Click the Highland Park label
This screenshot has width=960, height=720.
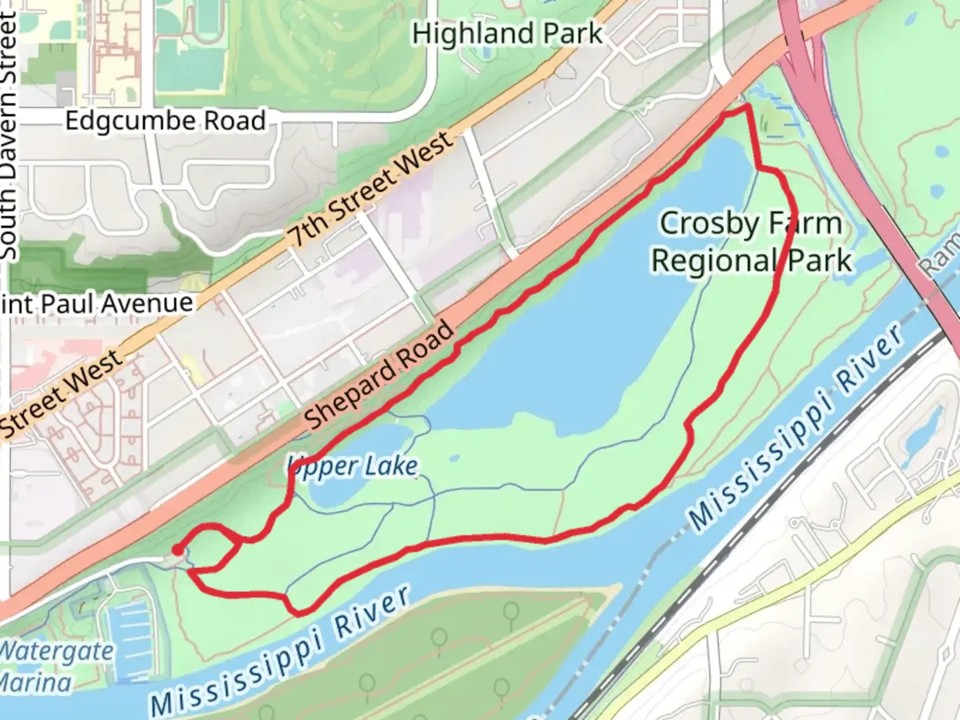click(507, 33)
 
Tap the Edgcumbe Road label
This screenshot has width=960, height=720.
click(165, 121)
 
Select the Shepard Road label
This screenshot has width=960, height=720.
click(380, 375)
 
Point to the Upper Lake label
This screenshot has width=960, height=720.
click(353, 466)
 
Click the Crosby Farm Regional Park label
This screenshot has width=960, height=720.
click(751, 241)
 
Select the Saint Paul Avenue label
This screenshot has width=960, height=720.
click(97, 304)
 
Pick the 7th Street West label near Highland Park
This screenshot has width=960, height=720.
click(371, 188)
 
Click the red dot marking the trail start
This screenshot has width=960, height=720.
click(177, 550)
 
